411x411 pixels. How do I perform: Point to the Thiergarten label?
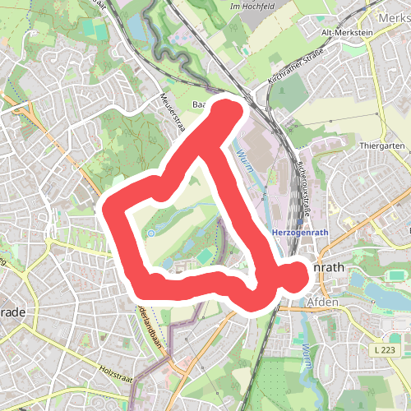click(x=379, y=145)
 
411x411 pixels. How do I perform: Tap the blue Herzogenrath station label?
click(x=299, y=233)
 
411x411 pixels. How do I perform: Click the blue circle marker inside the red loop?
click(x=150, y=233)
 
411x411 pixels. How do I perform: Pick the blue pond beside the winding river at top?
click(x=135, y=28)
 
